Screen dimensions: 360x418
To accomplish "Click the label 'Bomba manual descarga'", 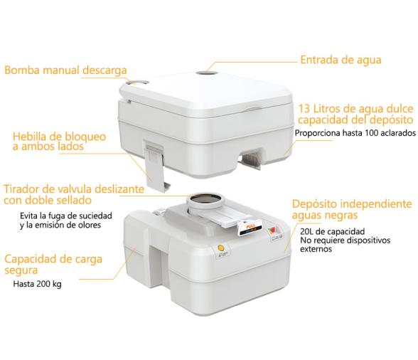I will tap(65, 70).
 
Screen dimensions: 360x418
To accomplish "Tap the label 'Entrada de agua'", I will tap(341, 60).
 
